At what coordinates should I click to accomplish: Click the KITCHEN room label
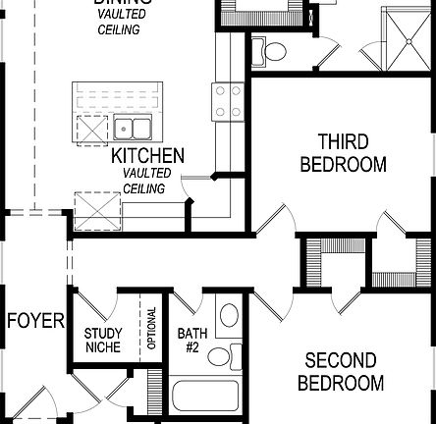point(147,156)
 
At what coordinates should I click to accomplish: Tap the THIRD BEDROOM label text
point(343,152)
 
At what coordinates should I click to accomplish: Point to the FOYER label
point(35,321)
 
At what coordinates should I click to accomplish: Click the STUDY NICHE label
point(103,341)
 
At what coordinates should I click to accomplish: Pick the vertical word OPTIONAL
point(151,329)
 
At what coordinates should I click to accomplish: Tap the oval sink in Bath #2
point(228,315)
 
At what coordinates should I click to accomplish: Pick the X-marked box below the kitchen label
point(96,209)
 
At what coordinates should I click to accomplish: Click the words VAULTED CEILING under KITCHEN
point(147,181)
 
